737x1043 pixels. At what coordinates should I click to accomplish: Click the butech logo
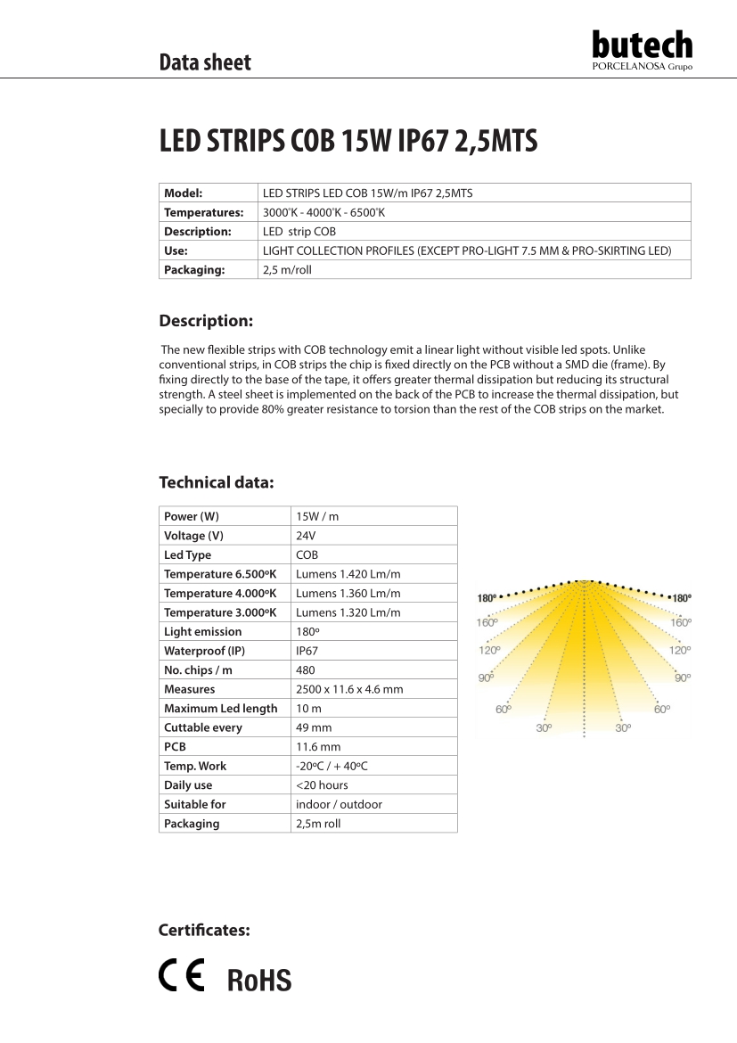[x=642, y=50]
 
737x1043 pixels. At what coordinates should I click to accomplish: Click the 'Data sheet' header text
[x=205, y=62]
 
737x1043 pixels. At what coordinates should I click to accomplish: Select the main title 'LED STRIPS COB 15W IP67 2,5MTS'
[x=348, y=142]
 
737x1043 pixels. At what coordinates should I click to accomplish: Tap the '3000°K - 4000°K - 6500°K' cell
[x=323, y=212]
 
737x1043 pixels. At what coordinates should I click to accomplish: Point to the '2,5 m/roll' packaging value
[x=287, y=269]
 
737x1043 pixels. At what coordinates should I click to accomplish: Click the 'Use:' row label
[x=176, y=250]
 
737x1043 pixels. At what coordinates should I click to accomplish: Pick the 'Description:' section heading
[x=206, y=321]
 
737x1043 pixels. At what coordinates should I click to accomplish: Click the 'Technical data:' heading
[x=216, y=482]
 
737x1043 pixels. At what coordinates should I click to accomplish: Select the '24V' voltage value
[x=306, y=536]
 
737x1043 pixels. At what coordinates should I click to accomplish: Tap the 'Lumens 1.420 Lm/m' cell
[x=348, y=574]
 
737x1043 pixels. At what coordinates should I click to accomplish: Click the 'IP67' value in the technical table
[x=307, y=651]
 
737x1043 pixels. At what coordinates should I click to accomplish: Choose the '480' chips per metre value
[x=305, y=670]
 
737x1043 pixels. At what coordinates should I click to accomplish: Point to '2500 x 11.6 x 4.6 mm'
[x=349, y=689]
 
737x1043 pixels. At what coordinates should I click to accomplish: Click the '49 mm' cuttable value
[x=314, y=727]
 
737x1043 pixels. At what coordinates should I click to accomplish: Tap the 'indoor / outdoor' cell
[x=339, y=804]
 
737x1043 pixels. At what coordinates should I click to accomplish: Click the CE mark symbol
[x=182, y=976]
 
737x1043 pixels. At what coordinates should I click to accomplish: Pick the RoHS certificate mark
[x=259, y=981]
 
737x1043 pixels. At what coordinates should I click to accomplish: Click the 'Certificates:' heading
[x=204, y=931]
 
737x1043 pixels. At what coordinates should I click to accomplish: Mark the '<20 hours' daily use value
[x=322, y=785]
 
